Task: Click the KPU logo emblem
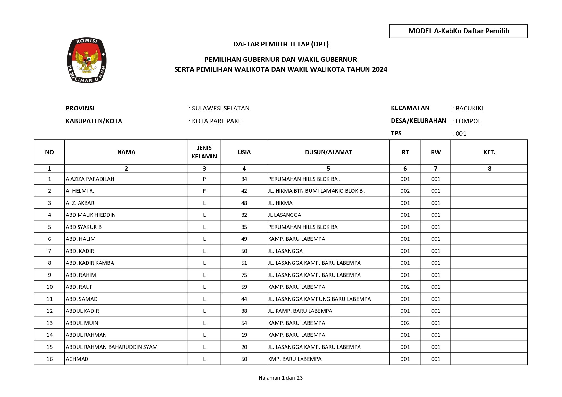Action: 87,61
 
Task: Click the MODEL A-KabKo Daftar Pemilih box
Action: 458,31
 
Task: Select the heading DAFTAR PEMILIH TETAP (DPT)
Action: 281,44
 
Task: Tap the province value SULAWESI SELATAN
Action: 220,108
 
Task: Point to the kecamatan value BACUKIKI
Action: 469,108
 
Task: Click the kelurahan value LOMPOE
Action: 468,121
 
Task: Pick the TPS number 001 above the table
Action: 461,134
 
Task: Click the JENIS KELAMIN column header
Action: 204,152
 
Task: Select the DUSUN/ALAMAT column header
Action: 328,152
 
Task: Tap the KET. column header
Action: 489,152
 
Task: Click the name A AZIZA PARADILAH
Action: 90,179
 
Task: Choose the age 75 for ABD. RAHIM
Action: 244,275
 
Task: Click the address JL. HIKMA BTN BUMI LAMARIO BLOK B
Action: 317,191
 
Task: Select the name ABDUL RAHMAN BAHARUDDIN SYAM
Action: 112,347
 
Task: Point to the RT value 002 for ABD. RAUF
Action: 405,287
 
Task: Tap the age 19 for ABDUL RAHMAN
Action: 244,335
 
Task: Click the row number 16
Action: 49,359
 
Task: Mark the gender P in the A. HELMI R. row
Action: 204,191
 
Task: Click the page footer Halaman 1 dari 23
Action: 280,378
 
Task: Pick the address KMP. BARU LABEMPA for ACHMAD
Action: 295,359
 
